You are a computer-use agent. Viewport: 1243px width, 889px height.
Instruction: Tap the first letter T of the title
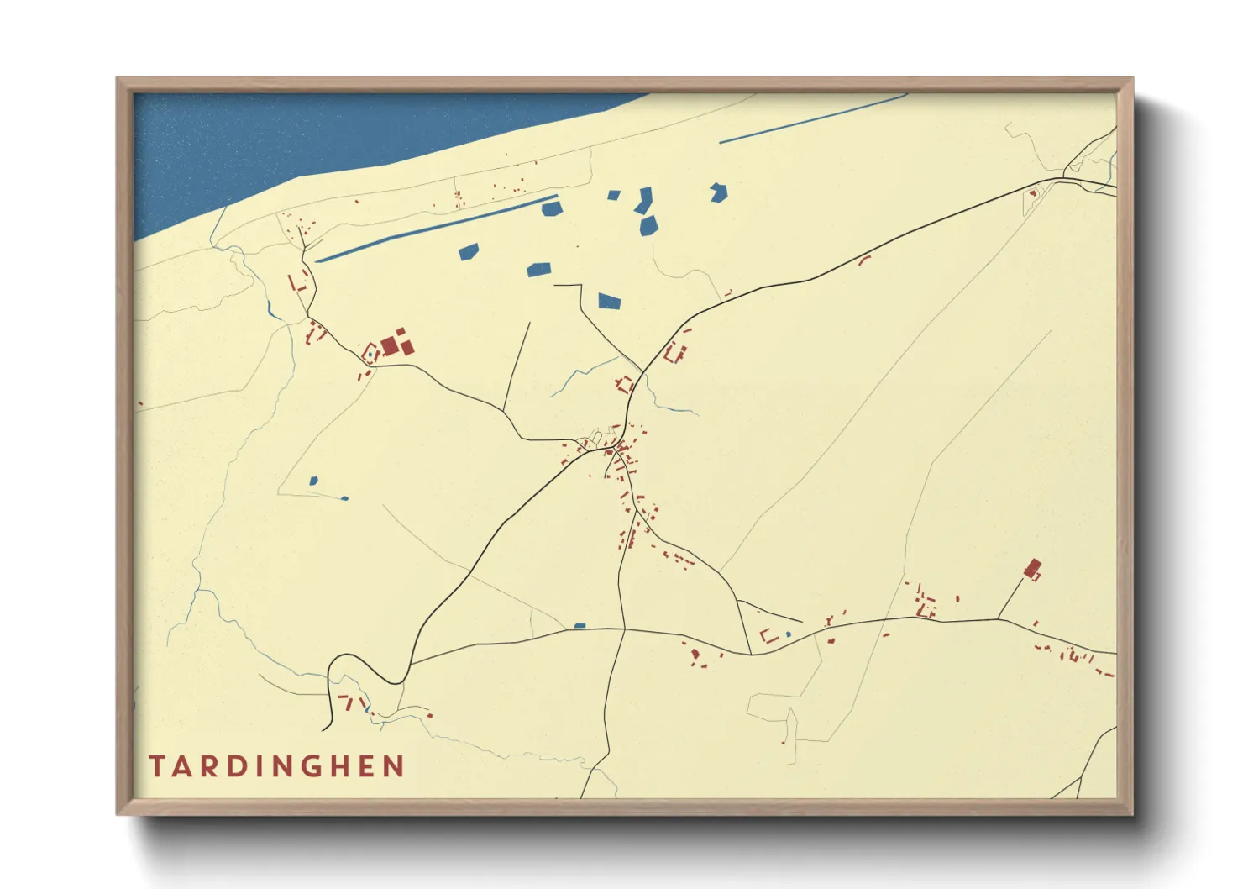157,766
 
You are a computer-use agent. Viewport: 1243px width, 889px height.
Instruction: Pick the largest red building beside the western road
389,346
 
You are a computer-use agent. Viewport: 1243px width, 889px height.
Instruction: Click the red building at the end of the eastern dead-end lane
1033,569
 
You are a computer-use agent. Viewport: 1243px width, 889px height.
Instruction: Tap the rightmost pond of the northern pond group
718,192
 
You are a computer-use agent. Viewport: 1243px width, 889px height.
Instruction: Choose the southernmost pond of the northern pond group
609,301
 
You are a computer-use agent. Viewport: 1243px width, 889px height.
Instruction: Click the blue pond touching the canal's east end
551,208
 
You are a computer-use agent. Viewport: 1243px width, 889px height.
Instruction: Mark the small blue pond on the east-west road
580,625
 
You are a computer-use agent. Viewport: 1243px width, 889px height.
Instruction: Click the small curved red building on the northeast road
864,260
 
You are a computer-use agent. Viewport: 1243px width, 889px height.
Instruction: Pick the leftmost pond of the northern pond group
468,250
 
